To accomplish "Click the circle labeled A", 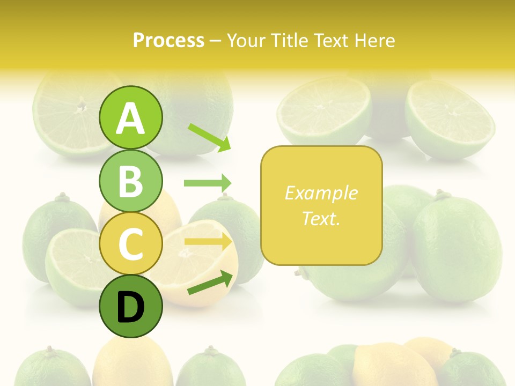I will [x=130, y=118].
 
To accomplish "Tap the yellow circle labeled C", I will [x=130, y=244].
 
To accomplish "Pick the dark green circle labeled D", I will [x=130, y=306].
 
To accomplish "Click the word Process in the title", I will [x=168, y=41].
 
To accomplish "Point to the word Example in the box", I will [x=321, y=193].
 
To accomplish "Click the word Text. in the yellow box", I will [x=321, y=219].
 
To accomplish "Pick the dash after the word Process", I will [x=216, y=41].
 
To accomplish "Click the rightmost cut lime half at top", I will [x=450, y=119].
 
